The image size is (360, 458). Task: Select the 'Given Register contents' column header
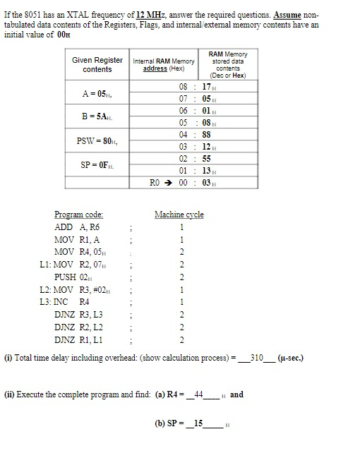97,64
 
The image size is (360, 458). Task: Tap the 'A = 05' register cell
97,92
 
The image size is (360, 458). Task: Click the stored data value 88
206,134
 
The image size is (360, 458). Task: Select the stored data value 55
206,158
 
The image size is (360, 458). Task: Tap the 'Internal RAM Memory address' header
164,65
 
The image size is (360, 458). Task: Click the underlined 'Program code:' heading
79,215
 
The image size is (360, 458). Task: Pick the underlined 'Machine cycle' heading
179,215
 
